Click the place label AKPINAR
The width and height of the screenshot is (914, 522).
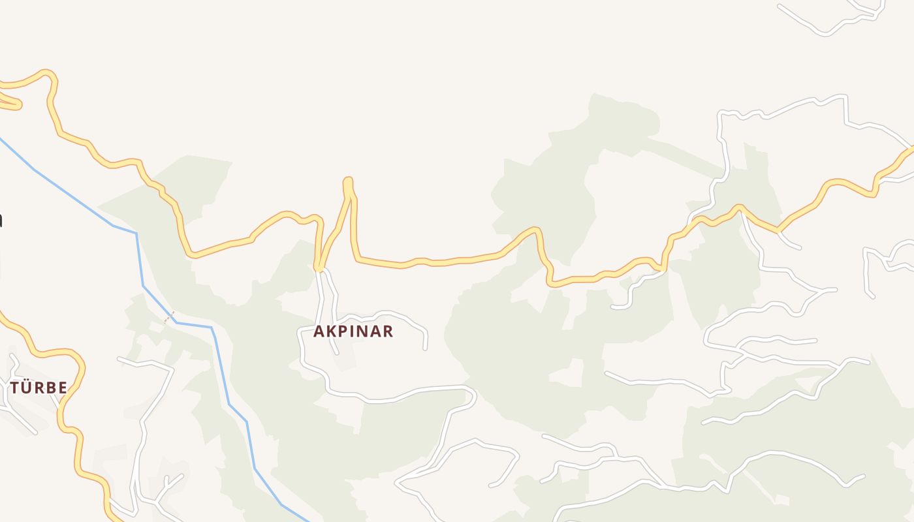tap(353, 331)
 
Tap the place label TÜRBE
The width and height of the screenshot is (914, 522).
tap(39, 388)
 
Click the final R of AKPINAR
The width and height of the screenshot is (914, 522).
tap(388, 331)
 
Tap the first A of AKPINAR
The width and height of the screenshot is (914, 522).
tap(319, 331)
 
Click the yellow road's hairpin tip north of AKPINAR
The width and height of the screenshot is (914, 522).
tap(348, 181)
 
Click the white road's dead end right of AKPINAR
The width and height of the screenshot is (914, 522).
tap(425, 348)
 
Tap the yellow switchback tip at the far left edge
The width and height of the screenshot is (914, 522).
tap(18, 104)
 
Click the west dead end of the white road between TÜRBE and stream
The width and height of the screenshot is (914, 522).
tap(119, 359)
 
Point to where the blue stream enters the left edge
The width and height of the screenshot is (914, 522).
tap(1, 138)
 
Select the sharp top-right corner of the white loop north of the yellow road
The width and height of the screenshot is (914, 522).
tap(846, 97)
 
